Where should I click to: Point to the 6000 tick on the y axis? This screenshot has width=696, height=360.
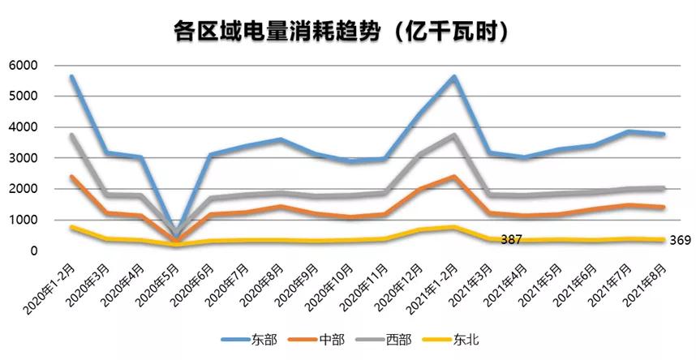24,66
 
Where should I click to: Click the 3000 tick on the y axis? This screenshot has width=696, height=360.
24,158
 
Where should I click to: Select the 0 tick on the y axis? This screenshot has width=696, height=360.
34,251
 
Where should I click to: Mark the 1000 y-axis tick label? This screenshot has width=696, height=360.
24,220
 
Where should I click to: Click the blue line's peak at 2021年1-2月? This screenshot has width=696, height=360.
454,77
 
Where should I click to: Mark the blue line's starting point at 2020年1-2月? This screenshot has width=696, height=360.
71,77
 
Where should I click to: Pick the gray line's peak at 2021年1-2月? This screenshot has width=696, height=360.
454,135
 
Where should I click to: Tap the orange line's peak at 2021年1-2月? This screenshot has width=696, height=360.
454,177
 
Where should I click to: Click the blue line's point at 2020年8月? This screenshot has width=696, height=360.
280,139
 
